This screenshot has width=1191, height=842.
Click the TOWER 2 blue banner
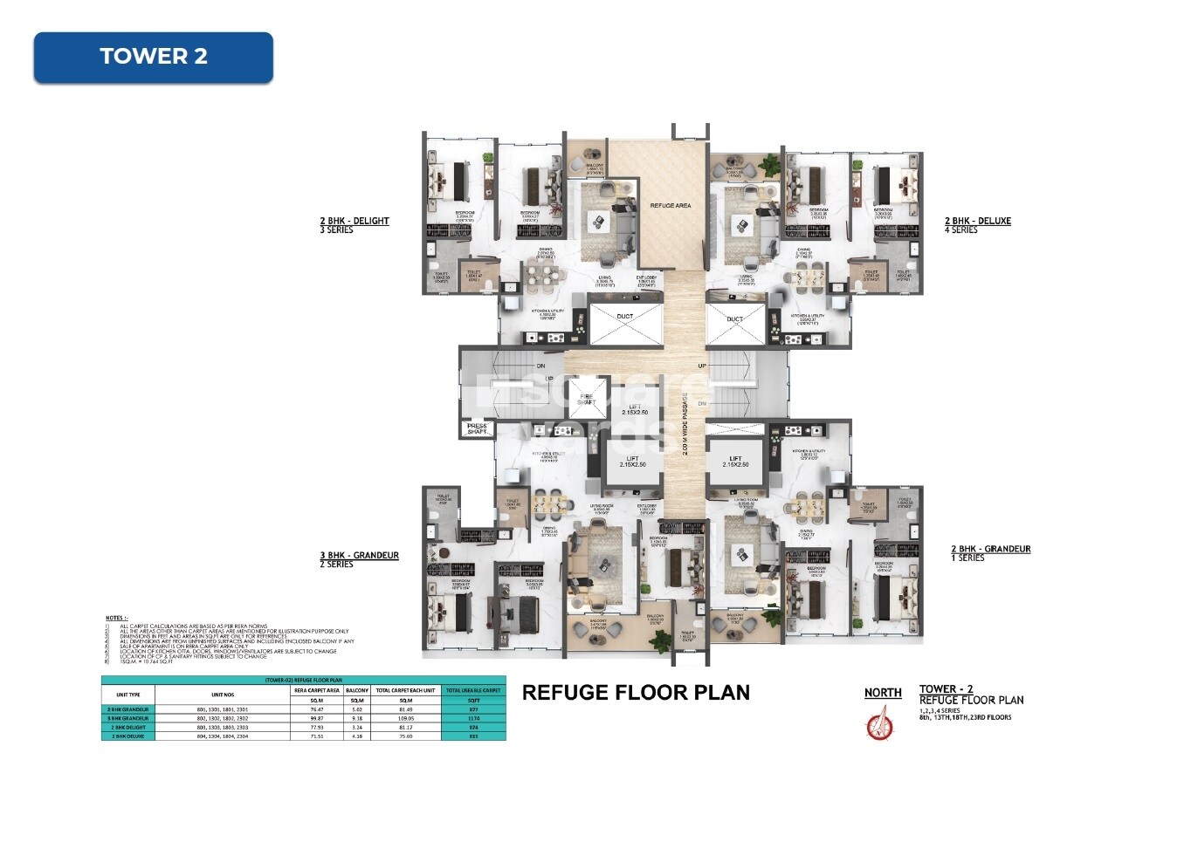153,57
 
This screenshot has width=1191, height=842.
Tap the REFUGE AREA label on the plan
670,206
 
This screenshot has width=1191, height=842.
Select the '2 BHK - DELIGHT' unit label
354,221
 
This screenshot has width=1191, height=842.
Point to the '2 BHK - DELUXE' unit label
977,221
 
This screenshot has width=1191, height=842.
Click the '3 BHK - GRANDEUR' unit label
359,555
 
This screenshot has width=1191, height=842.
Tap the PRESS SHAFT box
477,429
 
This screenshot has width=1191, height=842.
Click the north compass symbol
879,724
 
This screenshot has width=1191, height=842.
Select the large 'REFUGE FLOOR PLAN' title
636,693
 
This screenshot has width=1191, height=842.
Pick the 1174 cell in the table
473,718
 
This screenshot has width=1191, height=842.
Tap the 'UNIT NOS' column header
223,695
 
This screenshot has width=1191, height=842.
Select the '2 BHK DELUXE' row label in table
128,736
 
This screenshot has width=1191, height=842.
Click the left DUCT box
625,324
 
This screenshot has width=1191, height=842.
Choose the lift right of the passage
735,462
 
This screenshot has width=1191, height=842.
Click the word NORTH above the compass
883,693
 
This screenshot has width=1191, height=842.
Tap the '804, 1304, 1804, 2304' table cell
223,736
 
